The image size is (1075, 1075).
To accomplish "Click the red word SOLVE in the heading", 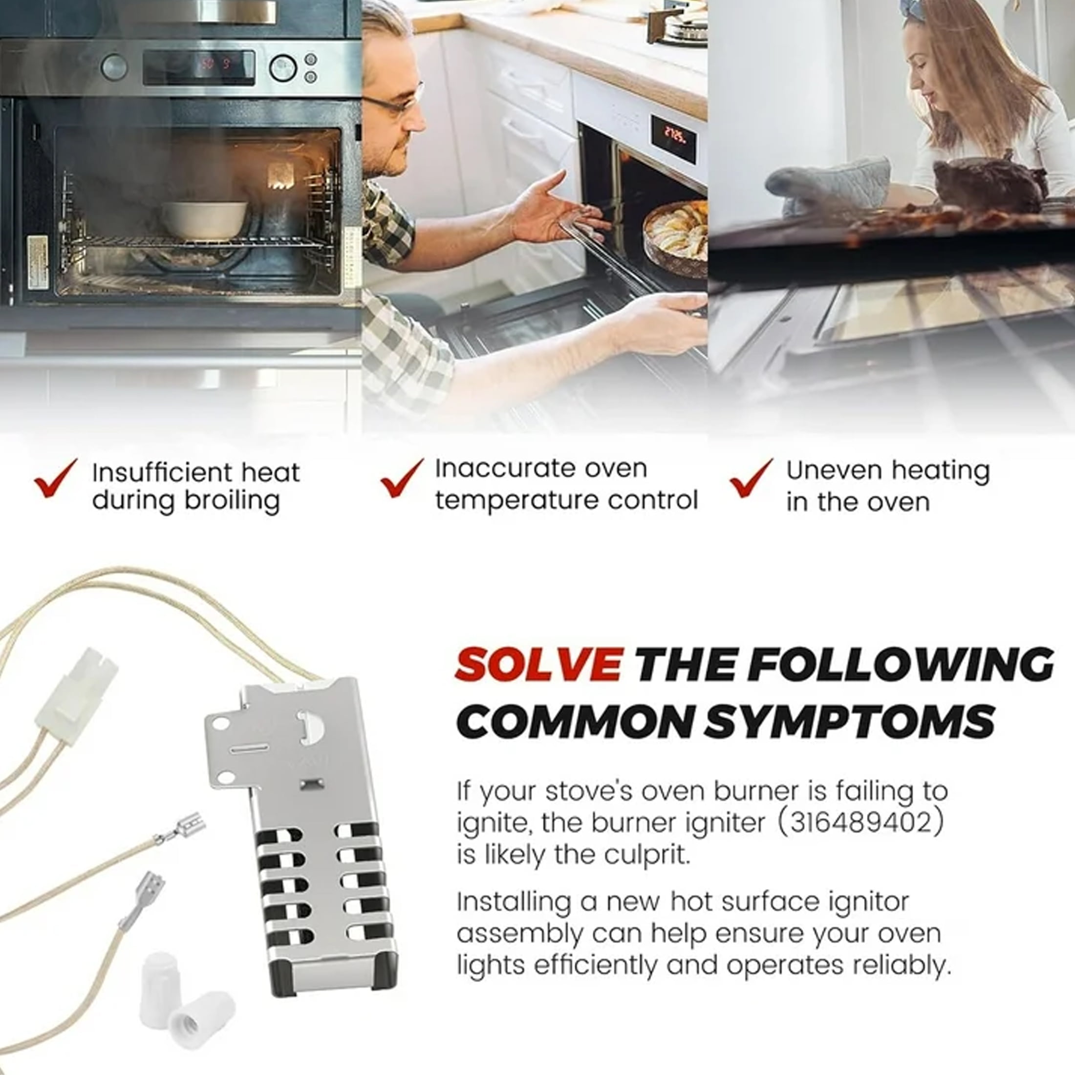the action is [x=538, y=664].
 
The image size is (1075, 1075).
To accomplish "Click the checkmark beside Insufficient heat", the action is [x=56, y=478].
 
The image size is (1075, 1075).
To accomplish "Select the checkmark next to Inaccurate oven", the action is [x=402, y=478].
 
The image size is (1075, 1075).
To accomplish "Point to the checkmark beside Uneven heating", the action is [x=752, y=478].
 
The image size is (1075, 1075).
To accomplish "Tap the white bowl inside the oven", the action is [x=204, y=220].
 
